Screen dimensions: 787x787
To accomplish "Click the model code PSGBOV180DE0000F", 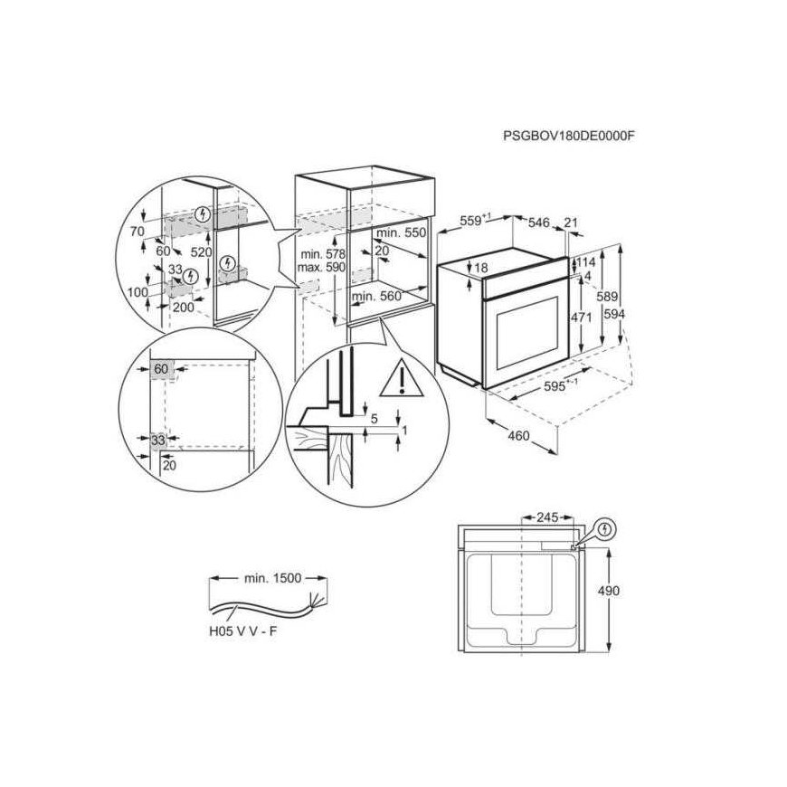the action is (569, 136).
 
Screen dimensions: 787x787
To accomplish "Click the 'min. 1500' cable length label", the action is (272, 578).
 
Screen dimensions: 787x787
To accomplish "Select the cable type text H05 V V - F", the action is (243, 631).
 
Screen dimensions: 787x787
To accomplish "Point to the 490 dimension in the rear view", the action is (608, 591).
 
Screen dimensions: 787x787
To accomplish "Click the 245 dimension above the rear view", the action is (547, 517).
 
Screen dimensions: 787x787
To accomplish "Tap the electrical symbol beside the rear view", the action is (606, 529).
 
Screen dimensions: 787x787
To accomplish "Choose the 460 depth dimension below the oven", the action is (518, 436).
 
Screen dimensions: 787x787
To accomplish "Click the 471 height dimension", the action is (581, 318).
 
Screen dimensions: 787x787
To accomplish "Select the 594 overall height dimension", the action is (614, 314).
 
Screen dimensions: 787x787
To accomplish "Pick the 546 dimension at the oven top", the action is (539, 223).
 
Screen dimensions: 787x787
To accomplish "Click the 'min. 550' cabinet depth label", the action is (401, 232).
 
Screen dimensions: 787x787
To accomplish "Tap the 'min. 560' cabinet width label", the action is (376, 296).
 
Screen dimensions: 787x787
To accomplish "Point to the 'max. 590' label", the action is (321, 267).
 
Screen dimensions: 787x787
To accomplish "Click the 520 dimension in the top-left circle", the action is (201, 252).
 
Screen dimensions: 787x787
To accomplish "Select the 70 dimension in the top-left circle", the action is (137, 232).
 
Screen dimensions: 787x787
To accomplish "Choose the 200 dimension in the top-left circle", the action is (184, 307).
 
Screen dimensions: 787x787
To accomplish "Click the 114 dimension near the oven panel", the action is (586, 262).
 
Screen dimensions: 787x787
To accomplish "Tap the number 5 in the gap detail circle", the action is (374, 418).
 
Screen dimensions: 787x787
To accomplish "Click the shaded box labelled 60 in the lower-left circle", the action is (161, 369).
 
